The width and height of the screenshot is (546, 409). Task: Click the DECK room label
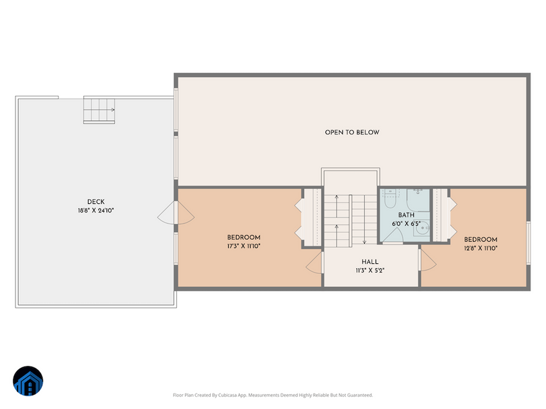coord(95,202)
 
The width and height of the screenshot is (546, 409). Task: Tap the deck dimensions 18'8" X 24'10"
coord(95,211)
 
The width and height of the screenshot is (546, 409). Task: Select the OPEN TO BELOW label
coord(352,132)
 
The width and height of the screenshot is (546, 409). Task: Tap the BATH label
coord(406,215)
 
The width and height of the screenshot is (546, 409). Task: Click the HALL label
coord(370,262)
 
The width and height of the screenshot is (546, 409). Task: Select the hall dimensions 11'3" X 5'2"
coord(370,271)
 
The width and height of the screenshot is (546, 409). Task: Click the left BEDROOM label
coord(244,238)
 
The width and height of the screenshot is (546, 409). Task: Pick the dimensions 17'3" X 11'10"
coord(244,246)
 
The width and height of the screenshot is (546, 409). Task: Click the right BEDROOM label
coord(480,240)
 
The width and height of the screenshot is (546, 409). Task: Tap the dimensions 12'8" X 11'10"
coord(480,248)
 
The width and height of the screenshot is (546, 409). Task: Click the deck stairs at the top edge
coord(99,110)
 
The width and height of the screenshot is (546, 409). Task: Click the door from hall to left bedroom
coord(316,263)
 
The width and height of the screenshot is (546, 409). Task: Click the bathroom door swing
coord(395,234)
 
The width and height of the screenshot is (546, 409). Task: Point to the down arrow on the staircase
coord(364,240)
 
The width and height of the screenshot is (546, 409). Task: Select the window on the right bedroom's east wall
coord(528,240)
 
